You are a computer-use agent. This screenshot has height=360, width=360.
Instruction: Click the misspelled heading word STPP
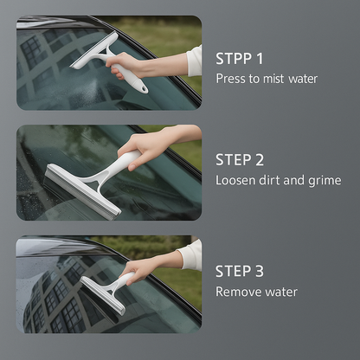pos(234,59)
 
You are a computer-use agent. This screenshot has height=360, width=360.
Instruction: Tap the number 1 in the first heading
pos(260,59)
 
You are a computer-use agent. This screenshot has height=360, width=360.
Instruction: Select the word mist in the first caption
pos(273,79)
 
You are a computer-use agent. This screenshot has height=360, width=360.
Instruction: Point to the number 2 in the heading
pos(259,160)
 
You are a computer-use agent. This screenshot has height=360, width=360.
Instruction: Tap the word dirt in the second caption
pos(269,180)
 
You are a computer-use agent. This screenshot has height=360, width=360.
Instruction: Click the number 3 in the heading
pos(259,271)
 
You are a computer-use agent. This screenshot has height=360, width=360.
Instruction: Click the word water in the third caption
pos(281,292)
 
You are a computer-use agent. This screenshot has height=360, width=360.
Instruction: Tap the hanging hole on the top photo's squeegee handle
pos(142,88)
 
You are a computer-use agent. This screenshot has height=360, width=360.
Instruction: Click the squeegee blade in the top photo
pos(94,50)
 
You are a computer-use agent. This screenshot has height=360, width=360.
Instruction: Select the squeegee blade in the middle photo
pos(82,191)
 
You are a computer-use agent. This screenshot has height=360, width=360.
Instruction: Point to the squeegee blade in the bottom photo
pos(103,295)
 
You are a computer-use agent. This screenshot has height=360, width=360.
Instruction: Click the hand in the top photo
pos(124,66)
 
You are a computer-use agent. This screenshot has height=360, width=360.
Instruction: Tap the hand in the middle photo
pos(145,148)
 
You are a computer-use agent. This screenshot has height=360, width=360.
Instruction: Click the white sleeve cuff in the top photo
pos(194,61)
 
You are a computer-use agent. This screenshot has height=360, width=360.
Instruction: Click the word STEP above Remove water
pos(234,271)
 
